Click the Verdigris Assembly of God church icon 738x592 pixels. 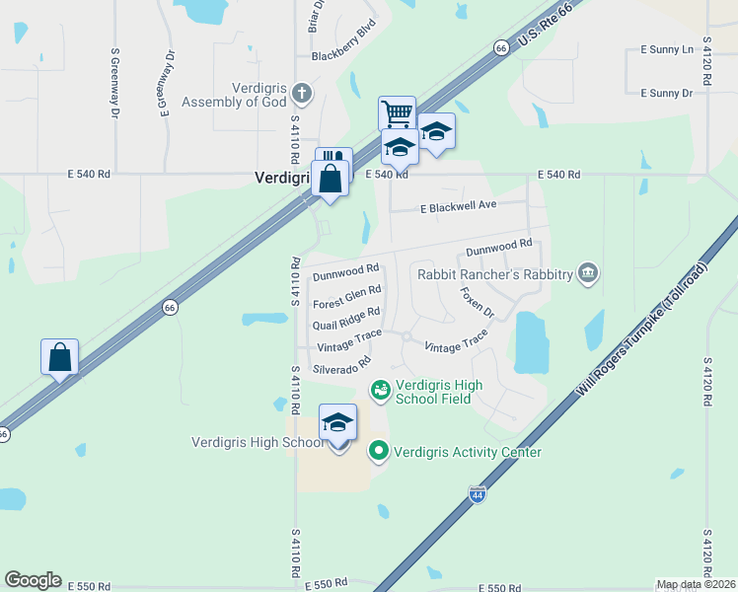click(302, 95)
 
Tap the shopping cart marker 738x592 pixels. click(397, 113)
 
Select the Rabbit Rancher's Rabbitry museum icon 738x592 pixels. click(588, 272)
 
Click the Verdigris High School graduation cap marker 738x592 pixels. click(337, 422)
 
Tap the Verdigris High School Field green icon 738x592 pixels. click(380, 391)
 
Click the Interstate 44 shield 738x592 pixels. click(478, 495)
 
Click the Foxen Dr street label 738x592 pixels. click(477, 301)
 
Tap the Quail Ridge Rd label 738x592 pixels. click(346, 319)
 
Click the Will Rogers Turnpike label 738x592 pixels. click(642, 330)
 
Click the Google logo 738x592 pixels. click(33, 580)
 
